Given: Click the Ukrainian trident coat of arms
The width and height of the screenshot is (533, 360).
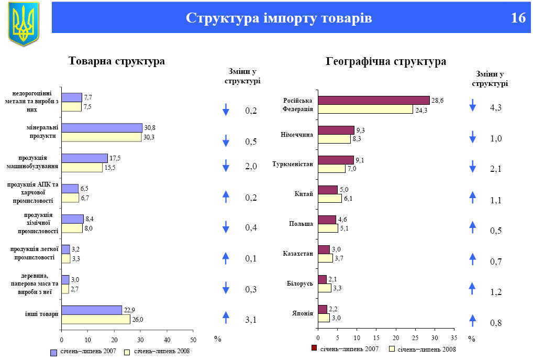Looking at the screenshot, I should click(24, 24).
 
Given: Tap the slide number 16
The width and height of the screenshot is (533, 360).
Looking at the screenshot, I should click(518, 18).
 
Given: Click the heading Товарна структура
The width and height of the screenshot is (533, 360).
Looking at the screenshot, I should click(117, 61).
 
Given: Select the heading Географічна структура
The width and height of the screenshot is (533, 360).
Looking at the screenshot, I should click(386, 61).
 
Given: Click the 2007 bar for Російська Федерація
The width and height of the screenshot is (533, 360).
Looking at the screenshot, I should click(373, 100).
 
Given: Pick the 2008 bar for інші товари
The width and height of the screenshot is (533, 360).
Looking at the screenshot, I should click(95, 319).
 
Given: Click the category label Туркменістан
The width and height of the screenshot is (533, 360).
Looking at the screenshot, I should click(293, 164).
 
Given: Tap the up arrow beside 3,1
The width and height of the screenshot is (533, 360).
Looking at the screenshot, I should click(226, 317).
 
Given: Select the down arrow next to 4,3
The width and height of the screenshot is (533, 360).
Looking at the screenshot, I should click(472, 105).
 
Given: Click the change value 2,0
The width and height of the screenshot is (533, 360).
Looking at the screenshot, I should click(251, 167).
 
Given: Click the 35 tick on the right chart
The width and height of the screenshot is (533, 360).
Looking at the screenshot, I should click(453, 337).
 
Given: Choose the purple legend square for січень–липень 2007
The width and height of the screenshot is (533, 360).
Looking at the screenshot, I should click(53, 352).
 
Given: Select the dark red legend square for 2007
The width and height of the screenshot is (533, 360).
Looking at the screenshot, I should click(314, 348).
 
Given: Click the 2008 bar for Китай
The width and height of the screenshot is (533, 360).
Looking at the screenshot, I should click(329, 198).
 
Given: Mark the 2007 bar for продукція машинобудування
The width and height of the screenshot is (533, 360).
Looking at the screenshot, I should click(84, 158).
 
